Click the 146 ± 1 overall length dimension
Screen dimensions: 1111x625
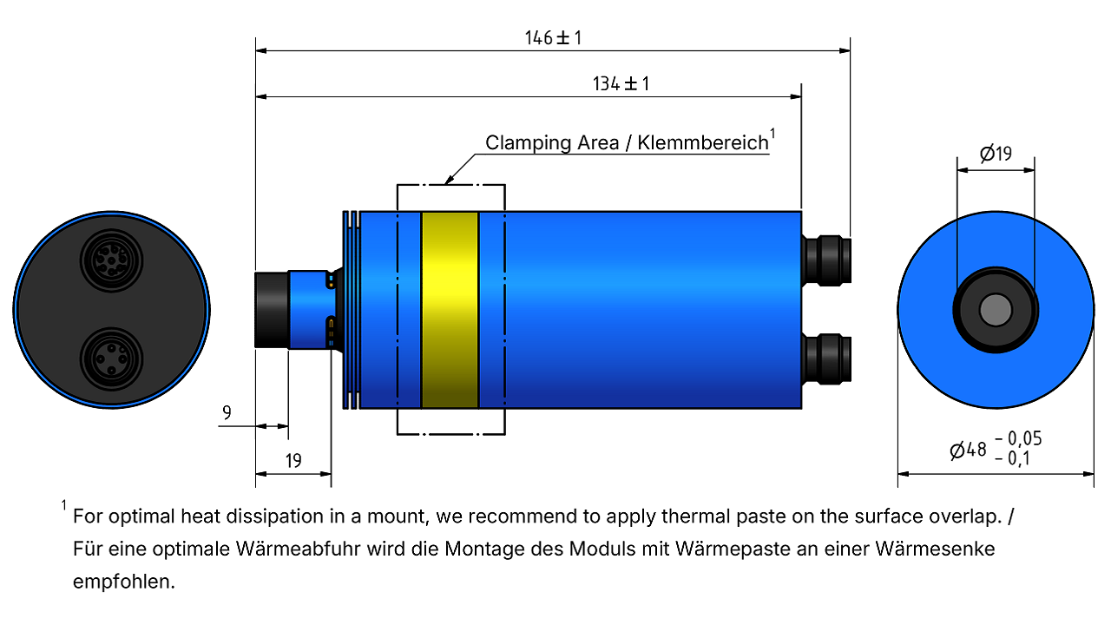pos(553,37)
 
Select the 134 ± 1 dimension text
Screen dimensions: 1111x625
pos(621,84)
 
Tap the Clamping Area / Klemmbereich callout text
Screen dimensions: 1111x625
pos(627,143)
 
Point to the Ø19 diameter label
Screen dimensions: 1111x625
pos(996,154)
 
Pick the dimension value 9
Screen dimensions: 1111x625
pos(227,412)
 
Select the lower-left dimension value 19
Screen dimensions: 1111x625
pos(293,461)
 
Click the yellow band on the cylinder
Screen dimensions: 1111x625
pos(450,310)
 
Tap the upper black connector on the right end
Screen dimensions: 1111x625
pos(826,261)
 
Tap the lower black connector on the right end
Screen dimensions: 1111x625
pos(826,359)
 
